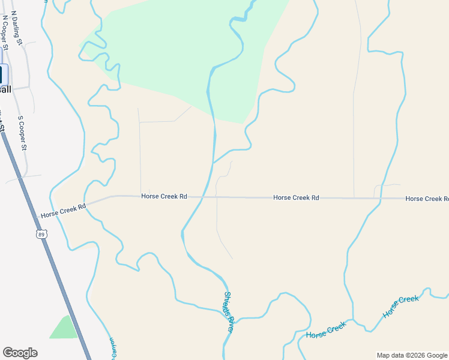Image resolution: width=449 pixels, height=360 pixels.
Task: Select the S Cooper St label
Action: pos(23,133)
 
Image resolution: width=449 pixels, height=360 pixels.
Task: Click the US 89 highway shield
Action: pos(41,234)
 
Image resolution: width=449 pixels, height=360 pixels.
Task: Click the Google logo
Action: pos(20,353)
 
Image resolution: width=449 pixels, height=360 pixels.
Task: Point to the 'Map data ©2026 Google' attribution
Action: pos(412,355)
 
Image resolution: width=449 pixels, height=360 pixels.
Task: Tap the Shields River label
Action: pos(229,312)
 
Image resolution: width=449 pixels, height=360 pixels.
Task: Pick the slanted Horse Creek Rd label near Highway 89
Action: pos(64,210)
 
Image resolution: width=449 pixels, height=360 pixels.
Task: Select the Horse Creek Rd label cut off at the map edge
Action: pos(427,198)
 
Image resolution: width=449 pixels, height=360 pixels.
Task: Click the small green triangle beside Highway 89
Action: pos(65,328)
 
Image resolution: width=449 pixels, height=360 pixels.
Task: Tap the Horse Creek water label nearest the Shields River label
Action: pos(326,329)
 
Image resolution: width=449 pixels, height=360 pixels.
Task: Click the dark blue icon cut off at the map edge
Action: pos(2,74)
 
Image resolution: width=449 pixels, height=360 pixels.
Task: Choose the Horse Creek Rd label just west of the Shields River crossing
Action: pos(164,196)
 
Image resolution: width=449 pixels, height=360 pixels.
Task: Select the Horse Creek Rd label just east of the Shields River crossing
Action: pos(296,197)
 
